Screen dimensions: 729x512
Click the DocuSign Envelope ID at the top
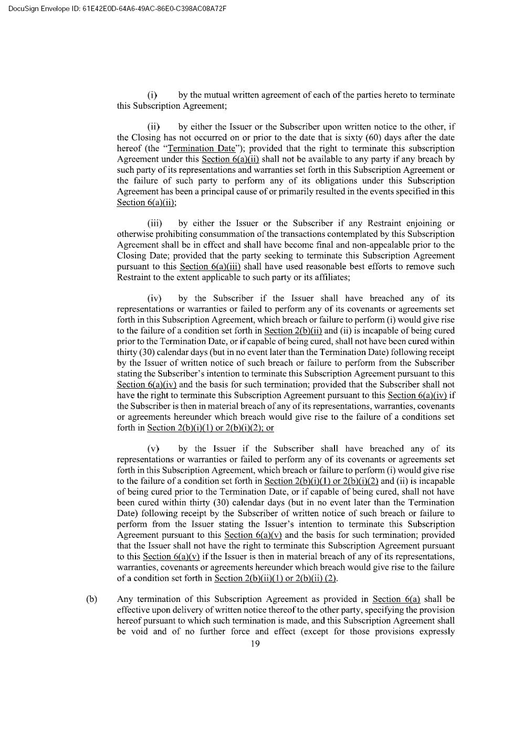(x=114, y=8)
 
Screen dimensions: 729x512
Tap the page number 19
(x=255, y=644)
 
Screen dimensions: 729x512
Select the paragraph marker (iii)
(x=154, y=223)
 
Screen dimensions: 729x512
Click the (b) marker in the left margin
(x=91, y=599)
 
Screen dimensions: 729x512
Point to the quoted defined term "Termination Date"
(x=201, y=149)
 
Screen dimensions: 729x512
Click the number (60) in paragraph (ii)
(x=365, y=138)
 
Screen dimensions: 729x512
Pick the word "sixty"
(x=346, y=138)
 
